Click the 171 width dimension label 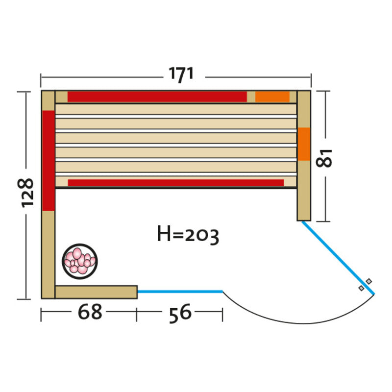pyautogui.click(x=181, y=74)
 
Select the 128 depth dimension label pyautogui.click(x=26, y=193)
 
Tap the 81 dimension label pyautogui.click(x=324, y=158)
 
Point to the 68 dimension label pyautogui.click(x=90, y=312)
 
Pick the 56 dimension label pyautogui.click(x=180, y=313)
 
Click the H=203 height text pyautogui.click(x=188, y=234)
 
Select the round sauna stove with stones pyautogui.click(x=80, y=261)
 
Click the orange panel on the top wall pyautogui.click(x=272, y=97)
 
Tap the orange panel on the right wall pyautogui.click(x=304, y=144)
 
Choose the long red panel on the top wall pyautogui.click(x=157, y=97)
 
